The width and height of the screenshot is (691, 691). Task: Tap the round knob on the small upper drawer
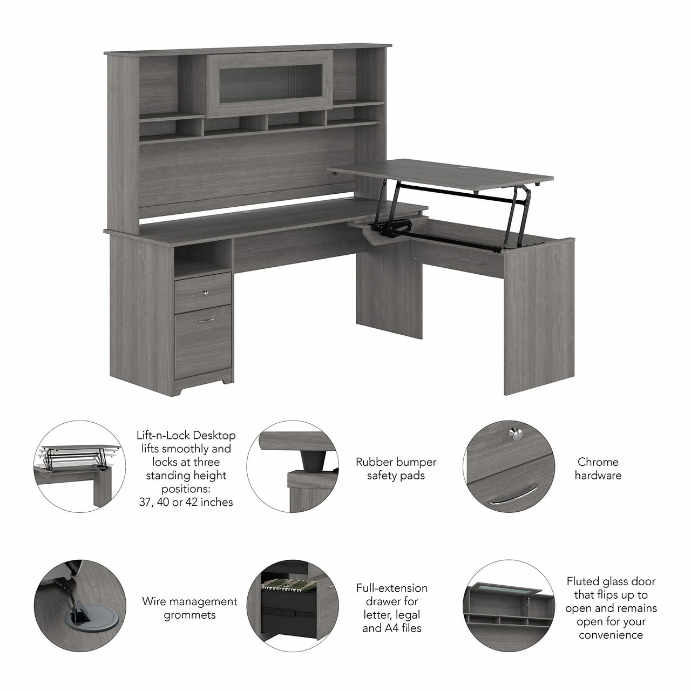[x=205, y=293]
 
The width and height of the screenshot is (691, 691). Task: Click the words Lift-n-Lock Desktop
[x=185, y=435]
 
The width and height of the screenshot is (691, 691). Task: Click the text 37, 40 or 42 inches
[x=185, y=502]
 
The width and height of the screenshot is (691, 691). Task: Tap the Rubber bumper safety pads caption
[x=396, y=469]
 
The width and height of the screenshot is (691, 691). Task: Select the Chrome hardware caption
[x=598, y=469]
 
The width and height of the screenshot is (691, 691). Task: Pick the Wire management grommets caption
[x=189, y=608]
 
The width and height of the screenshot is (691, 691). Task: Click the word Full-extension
[x=391, y=588]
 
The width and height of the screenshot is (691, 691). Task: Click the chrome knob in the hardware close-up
[x=514, y=431]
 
